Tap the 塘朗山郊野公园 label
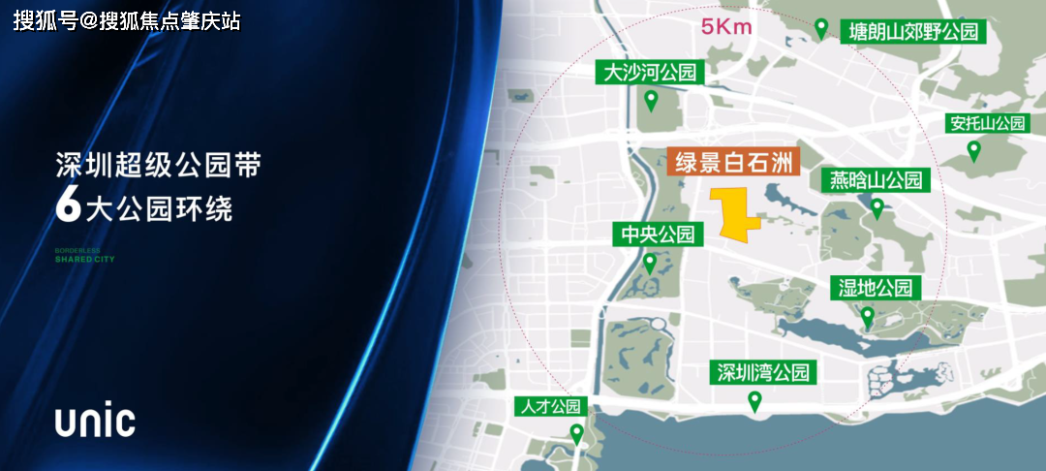click(914, 31)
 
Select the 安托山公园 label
click(986, 124)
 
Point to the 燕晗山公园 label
click(876, 180)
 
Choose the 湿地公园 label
click(876, 288)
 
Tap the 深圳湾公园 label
click(762, 372)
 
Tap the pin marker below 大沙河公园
click(652, 100)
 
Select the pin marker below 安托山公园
click(974, 150)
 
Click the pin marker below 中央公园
click(650, 263)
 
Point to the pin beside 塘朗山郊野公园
click(821, 29)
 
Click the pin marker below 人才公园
click(576, 434)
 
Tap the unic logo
click(94, 422)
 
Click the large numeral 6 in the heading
click(67, 205)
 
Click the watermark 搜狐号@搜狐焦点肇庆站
click(127, 20)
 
